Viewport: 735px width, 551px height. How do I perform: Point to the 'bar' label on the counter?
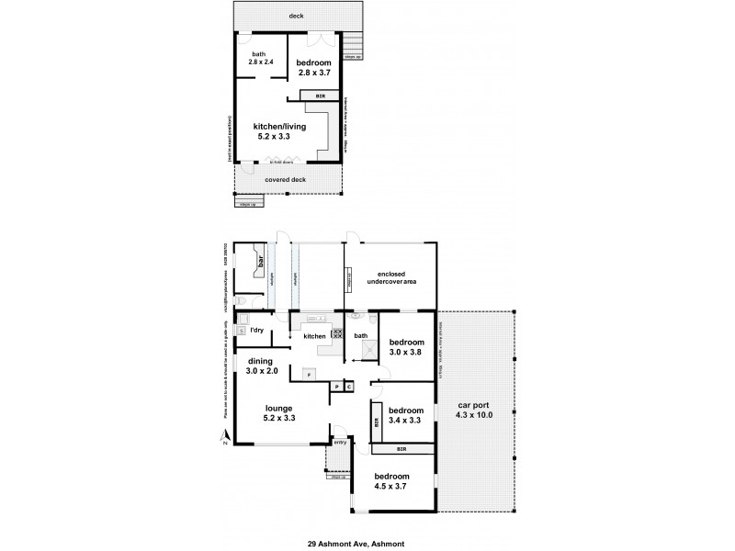point(262,262)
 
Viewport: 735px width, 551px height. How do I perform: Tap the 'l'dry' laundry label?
point(258,329)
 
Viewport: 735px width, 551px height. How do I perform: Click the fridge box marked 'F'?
point(310,375)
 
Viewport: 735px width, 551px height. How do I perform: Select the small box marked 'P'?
point(336,387)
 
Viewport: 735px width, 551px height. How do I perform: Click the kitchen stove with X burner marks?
point(337,334)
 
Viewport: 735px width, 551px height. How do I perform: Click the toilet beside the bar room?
point(241,300)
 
